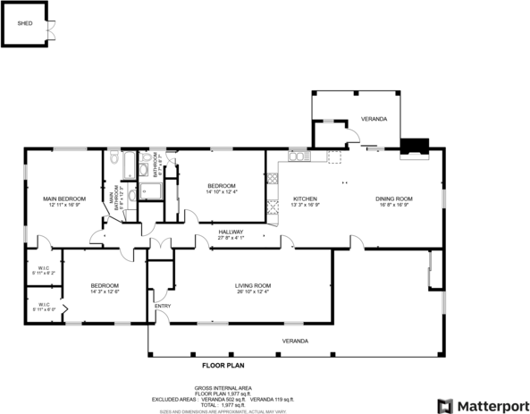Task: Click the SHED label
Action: click(x=25, y=24)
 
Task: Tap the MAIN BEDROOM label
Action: click(x=64, y=199)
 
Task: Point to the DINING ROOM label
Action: click(x=393, y=199)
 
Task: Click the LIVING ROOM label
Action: click(x=253, y=285)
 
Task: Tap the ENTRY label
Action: click(x=163, y=306)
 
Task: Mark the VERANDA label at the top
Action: click(x=374, y=119)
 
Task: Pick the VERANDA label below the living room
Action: click(x=296, y=342)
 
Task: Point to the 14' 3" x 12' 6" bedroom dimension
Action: click(x=105, y=291)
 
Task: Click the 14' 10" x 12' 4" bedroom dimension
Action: click(x=221, y=191)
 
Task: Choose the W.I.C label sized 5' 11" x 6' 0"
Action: click(x=43, y=309)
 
